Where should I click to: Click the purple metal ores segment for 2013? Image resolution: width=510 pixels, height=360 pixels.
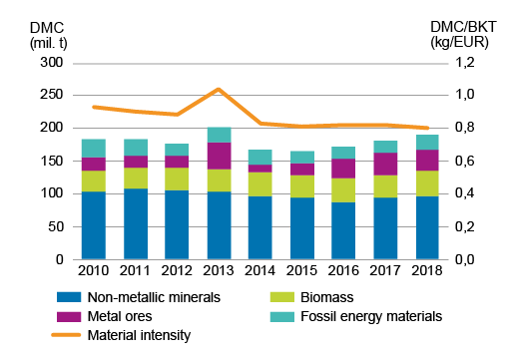tap(219, 156)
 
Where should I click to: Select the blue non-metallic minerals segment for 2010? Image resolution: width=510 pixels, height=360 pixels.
tap(94, 225)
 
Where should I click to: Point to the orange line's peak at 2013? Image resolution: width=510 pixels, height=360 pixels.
tap(219, 89)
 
